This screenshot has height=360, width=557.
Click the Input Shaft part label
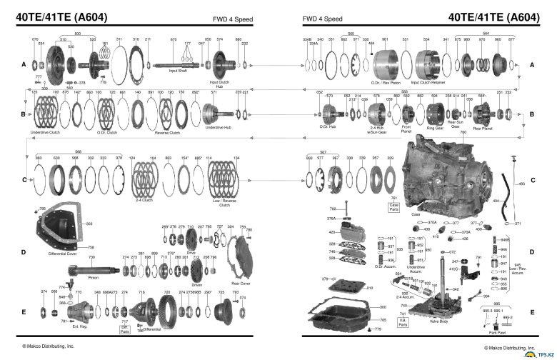coord(178,71)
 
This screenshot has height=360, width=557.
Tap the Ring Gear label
coord(435,128)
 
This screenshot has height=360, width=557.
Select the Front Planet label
coord(406,129)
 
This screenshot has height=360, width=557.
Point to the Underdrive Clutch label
coord(45,133)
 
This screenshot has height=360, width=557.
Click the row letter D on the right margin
coord(531,252)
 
